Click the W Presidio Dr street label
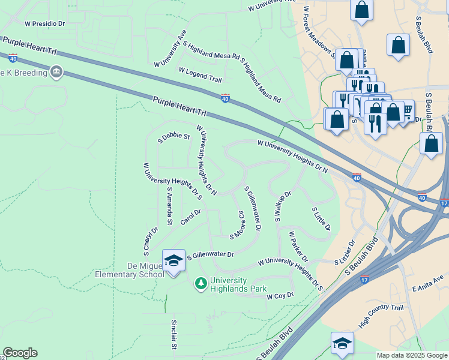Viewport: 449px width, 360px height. [44, 24]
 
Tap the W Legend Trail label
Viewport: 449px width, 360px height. [200, 74]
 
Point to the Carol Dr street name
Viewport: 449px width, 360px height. [190, 215]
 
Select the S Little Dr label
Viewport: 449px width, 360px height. [321, 219]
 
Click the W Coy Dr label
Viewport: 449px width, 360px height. [280, 296]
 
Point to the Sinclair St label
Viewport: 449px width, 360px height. [173, 334]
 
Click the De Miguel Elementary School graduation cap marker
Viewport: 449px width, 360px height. [173, 260]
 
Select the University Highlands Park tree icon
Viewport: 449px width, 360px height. [201, 282]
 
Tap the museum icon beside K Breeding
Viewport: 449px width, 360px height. [57, 73]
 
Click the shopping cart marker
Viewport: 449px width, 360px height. [406, 110]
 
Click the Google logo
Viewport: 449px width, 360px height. [20, 353]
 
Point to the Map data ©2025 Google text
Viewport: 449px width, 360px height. [412, 355]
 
